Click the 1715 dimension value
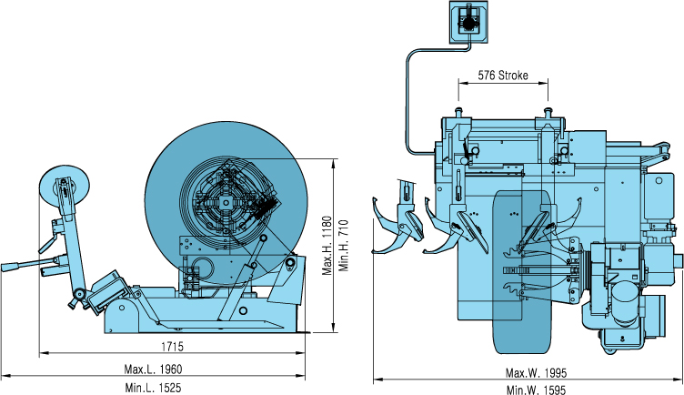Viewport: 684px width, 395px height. (x=168, y=347)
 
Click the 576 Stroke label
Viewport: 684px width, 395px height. (x=503, y=76)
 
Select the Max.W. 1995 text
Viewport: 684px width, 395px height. (x=536, y=373)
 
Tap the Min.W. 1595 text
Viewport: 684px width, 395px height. (x=536, y=389)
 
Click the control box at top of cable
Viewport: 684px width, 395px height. (x=469, y=22)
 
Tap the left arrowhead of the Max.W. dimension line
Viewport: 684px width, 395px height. (x=376, y=380)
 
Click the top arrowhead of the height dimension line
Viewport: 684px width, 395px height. (x=337, y=164)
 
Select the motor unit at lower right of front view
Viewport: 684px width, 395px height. (x=628, y=300)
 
